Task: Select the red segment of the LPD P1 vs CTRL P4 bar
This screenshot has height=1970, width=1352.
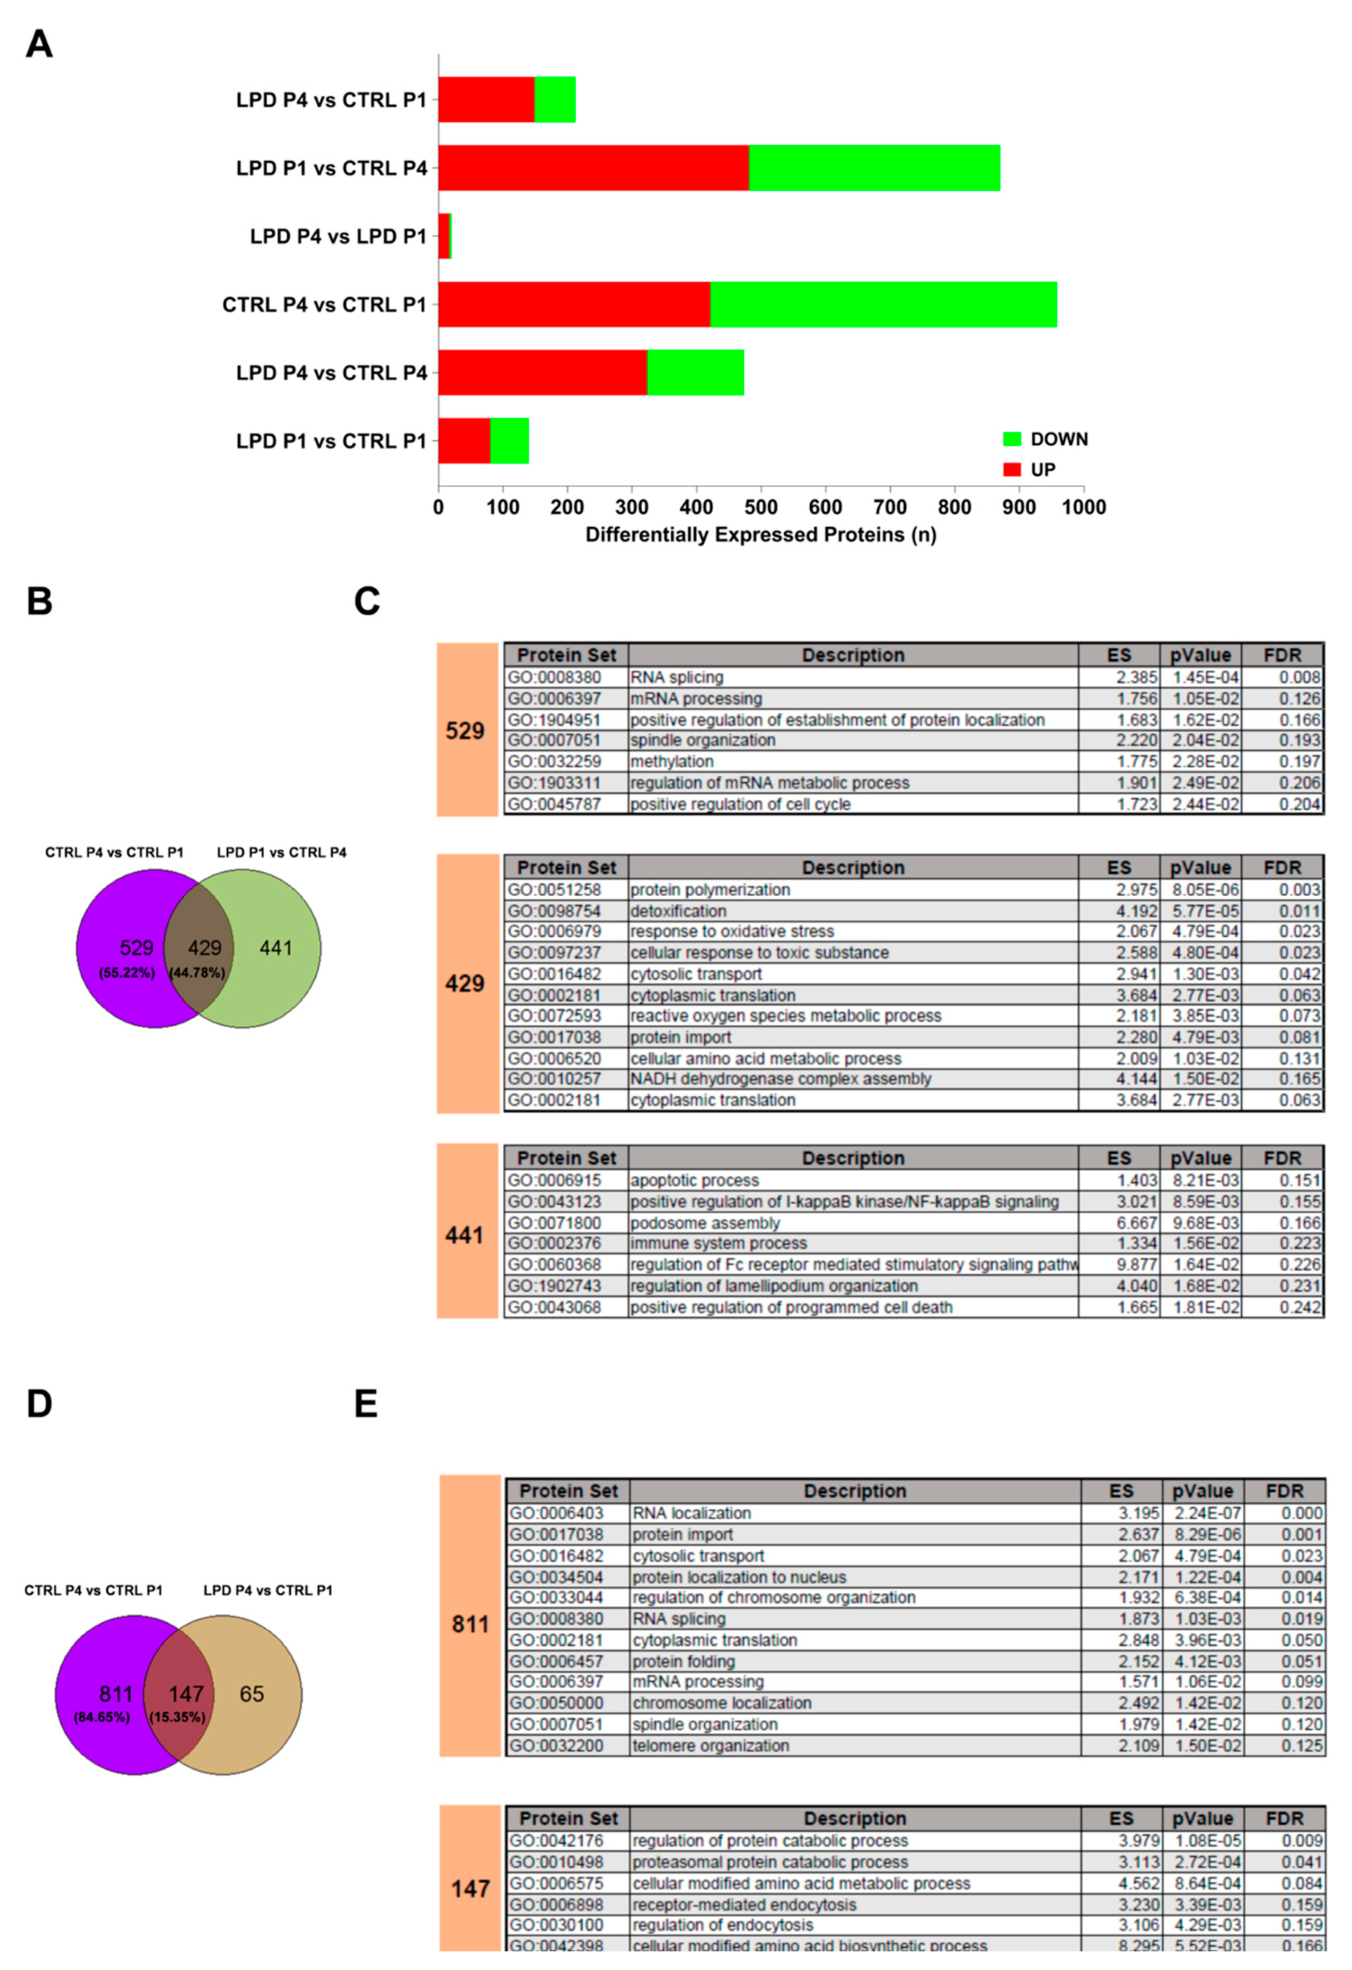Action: pos(593,168)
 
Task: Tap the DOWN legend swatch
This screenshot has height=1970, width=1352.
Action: pos(1012,439)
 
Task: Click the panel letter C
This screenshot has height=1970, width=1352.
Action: pos(366,602)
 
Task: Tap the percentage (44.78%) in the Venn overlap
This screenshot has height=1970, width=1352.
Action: pos(197,972)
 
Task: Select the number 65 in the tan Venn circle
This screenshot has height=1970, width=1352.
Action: pos(252,1694)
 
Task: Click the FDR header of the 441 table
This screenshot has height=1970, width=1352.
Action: pos(1282,1158)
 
